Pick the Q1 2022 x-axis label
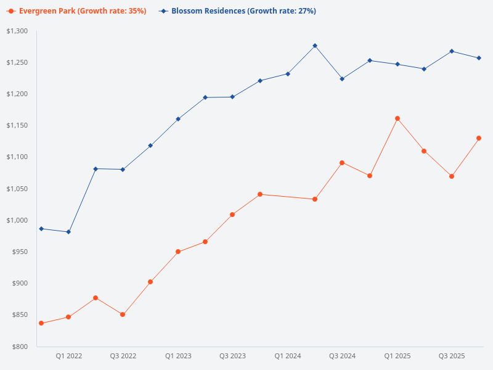coord(68,356)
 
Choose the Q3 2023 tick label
coord(232,356)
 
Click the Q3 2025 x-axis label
coord(452,356)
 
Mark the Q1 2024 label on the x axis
coord(287,356)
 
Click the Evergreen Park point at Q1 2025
coord(397,118)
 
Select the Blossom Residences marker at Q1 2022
coord(68,232)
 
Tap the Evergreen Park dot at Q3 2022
coord(123,314)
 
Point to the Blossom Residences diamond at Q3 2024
coord(342,79)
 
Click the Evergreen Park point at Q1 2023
coord(177,252)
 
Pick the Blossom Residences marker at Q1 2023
coord(177,119)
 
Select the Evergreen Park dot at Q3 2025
coord(452,176)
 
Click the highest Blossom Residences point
coord(315,46)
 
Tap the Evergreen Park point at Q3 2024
coord(342,163)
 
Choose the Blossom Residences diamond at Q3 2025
coord(452,51)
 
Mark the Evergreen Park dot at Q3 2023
coord(232,215)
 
